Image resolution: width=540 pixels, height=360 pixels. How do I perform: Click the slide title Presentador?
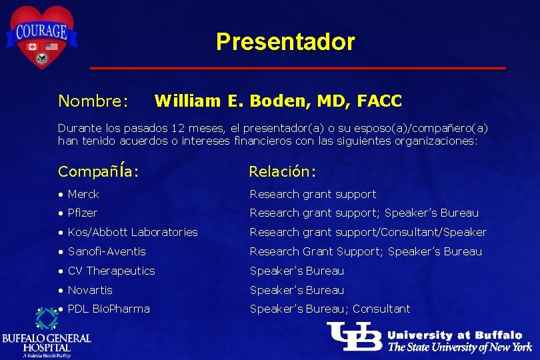pos(285,42)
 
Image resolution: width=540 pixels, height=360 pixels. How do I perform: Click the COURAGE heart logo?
pos(42,36)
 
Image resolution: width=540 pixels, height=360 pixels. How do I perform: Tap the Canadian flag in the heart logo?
pos(31,47)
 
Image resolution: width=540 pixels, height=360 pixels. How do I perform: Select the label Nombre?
pos(93,101)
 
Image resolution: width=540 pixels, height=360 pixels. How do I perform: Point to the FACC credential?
pos(379,101)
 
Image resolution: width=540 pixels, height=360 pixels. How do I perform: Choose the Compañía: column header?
pos(98,171)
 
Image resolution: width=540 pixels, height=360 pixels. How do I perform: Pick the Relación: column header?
pos(282,171)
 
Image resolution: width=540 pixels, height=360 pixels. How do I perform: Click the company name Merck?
pos(83,194)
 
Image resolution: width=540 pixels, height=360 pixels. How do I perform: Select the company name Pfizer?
pos(83,213)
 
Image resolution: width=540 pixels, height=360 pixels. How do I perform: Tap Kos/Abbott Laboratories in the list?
pos(133,233)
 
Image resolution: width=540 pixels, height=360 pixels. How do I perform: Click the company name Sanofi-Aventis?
pos(107,251)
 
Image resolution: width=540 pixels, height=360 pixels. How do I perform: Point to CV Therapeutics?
pos(111,271)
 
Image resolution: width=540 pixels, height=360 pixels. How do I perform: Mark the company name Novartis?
pos(90,290)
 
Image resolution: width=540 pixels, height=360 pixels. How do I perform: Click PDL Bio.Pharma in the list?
pos(109,309)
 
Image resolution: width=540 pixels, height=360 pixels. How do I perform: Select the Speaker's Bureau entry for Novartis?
pos(297,290)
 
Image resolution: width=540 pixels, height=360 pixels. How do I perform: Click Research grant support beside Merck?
pos(313,194)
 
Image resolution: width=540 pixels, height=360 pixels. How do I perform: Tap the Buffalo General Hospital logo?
pos(47,333)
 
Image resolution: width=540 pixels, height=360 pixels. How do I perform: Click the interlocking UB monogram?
pos(354,337)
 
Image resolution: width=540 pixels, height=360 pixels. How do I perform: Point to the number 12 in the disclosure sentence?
pos(178,127)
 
